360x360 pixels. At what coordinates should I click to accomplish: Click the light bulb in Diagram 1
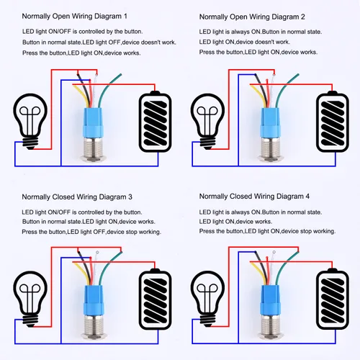click(x=30, y=121)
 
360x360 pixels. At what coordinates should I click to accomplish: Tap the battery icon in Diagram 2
click(x=333, y=122)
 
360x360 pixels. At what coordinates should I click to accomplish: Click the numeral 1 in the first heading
click(x=125, y=17)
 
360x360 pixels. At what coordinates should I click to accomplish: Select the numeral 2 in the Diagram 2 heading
click(x=303, y=17)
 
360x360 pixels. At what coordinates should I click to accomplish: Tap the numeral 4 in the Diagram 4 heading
click(x=307, y=197)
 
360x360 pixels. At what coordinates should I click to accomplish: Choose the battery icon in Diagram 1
click(x=155, y=122)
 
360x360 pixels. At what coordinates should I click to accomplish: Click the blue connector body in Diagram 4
click(x=271, y=300)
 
